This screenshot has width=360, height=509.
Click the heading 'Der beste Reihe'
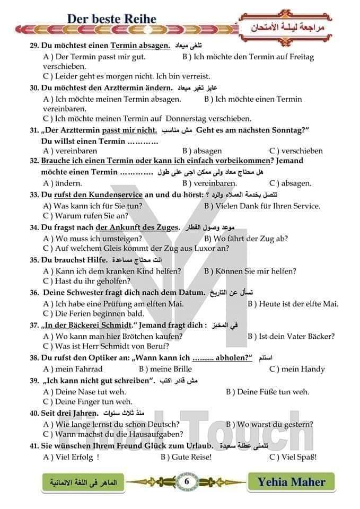(x=112, y=19)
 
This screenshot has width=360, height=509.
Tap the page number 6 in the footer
(x=187, y=481)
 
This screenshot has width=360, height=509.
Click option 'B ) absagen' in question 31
(x=202, y=151)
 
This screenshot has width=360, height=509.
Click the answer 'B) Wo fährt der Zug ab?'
(x=246, y=239)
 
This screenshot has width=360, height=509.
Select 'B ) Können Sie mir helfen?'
(x=250, y=271)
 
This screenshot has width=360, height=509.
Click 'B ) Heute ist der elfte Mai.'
(x=293, y=304)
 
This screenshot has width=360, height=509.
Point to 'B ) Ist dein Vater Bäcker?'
(x=291, y=336)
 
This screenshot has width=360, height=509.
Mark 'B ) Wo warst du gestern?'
(x=269, y=424)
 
